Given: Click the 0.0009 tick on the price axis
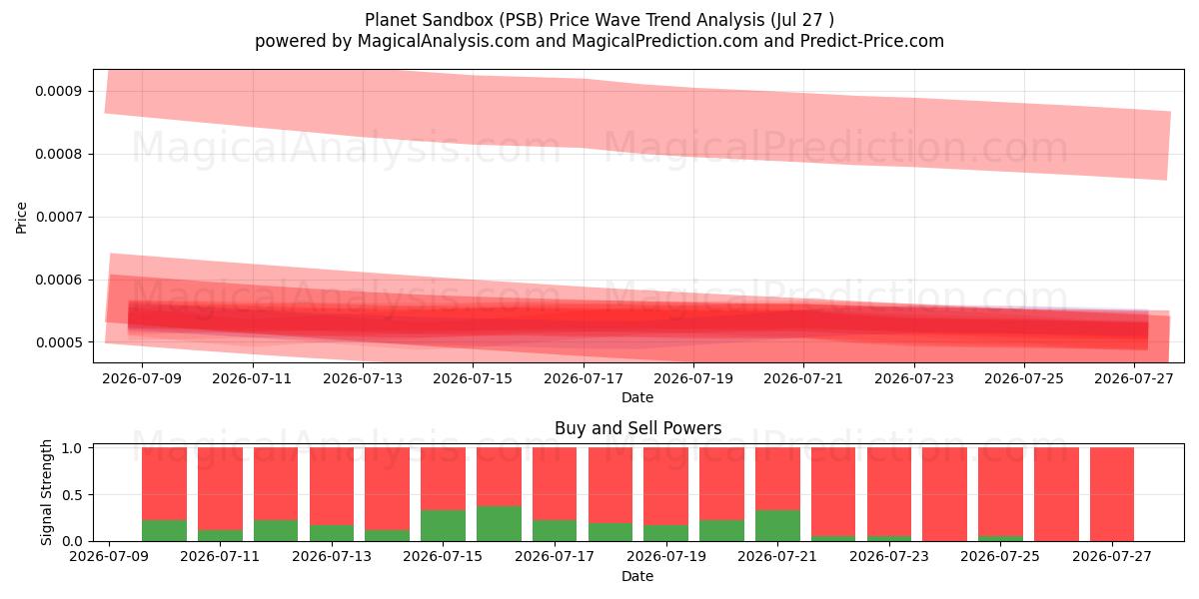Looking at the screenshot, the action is (x=59, y=92).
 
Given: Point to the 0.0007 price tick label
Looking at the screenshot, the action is (x=59, y=218).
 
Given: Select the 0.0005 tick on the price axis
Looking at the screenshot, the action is (x=59, y=342).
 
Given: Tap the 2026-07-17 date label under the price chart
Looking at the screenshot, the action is (x=584, y=379).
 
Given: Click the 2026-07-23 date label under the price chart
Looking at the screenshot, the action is (x=914, y=379).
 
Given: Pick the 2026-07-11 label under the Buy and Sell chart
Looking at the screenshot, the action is (x=220, y=557).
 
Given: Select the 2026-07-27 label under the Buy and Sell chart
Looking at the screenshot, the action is (x=1112, y=557).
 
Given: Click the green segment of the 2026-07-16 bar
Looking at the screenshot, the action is (x=499, y=523).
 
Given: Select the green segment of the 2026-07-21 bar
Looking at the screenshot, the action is (x=777, y=526).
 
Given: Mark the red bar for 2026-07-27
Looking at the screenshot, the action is (x=1112, y=494).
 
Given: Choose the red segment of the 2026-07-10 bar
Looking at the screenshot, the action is (x=164, y=483).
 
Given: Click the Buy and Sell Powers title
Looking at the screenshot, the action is (x=638, y=428).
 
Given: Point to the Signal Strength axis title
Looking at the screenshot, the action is (x=47, y=492).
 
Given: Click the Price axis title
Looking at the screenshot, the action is (x=21, y=218).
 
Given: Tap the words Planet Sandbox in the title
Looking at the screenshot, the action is (x=430, y=20).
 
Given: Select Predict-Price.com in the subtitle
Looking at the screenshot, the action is (x=872, y=41).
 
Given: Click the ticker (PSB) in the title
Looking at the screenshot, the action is (x=521, y=20).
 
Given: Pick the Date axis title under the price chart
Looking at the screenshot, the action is (x=637, y=398).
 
